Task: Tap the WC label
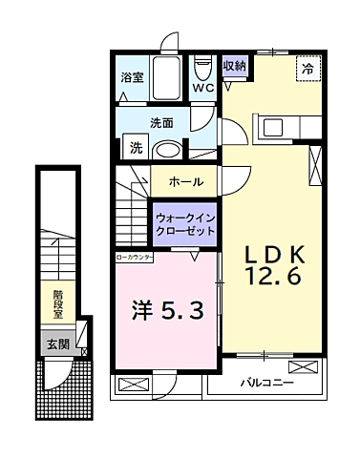point(202,88)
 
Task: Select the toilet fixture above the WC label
point(201,68)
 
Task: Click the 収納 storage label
point(234,67)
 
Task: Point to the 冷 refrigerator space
point(307,69)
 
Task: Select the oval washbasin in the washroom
point(169,150)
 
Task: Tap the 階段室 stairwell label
point(57,304)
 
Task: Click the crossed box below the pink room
point(133,385)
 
